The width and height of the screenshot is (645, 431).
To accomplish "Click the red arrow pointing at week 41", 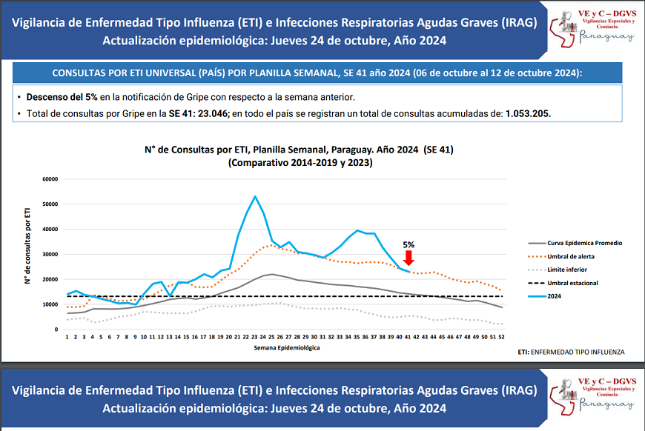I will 408,258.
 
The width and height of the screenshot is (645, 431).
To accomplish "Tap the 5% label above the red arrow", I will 408,244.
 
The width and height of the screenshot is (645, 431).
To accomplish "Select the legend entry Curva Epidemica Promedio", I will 583,243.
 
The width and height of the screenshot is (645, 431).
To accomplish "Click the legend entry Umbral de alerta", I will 570,256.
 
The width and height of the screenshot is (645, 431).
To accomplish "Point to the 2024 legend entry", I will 554,296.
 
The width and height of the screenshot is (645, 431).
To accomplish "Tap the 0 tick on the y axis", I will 56,330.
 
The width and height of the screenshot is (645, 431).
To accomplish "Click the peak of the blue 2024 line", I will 255,196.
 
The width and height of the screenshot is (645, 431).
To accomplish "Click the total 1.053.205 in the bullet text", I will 528,114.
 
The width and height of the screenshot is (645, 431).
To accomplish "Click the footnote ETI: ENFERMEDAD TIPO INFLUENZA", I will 572,352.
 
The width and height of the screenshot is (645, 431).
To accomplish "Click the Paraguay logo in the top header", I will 594,29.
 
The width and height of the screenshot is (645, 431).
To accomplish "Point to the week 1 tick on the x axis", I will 67,337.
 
